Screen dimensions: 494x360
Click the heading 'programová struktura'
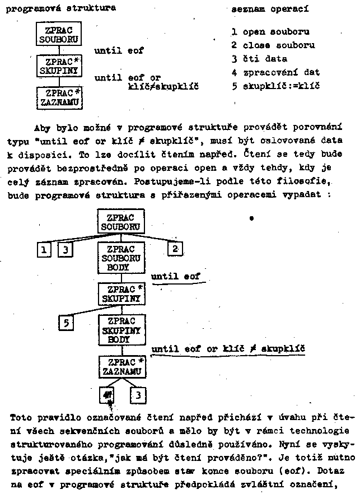(61, 8)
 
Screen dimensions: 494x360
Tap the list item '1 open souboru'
(270, 32)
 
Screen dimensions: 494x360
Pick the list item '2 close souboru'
(273, 45)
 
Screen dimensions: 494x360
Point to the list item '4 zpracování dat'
(275, 72)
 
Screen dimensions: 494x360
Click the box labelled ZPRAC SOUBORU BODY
(120, 258)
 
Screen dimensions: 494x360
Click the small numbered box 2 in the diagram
(175, 249)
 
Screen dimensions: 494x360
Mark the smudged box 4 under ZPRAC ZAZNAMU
(106, 396)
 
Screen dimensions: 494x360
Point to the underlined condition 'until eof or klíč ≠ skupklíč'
(228, 349)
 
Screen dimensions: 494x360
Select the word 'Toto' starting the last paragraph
(21, 417)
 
